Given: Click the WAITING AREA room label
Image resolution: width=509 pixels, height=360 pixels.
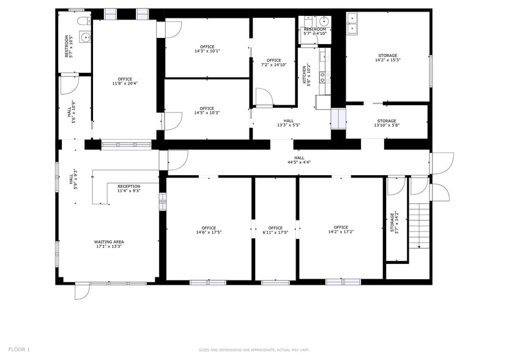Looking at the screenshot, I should pyautogui.click(x=109, y=244).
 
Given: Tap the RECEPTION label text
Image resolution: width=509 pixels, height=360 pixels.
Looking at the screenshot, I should pyautogui.click(x=128, y=189).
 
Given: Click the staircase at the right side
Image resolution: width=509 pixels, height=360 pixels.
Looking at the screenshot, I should pyautogui.click(x=419, y=226).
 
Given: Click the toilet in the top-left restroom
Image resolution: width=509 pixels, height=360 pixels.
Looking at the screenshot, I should pyautogui.click(x=81, y=21).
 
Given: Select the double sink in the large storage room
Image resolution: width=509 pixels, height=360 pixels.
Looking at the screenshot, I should pyautogui.click(x=353, y=24).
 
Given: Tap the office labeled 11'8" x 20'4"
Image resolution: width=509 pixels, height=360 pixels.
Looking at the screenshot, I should pyautogui.click(x=125, y=81).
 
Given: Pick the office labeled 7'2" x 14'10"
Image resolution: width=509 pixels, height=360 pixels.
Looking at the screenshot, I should pyautogui.click(x=273, y=62).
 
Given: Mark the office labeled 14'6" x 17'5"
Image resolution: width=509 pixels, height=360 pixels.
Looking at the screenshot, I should pyautogui.click(x=209, y=230).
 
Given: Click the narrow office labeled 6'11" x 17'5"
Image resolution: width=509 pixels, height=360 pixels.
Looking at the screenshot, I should pyautogui.click(x=275, y=230).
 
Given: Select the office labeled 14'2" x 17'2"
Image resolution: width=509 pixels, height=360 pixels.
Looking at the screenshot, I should pyautogui.click(x=341, y=230).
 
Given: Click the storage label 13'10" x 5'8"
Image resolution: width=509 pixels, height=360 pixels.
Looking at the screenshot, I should pyautogui.click(x=386, y=123).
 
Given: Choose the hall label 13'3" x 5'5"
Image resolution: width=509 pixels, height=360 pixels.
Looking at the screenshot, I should pyautogui.click(x=288, y=123).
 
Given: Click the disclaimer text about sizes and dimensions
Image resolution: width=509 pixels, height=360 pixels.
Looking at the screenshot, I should pyautogui.click(x=254, y=350).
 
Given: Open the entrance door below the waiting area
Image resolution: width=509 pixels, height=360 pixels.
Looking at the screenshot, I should pyautogui.click(x=82, y=291).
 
